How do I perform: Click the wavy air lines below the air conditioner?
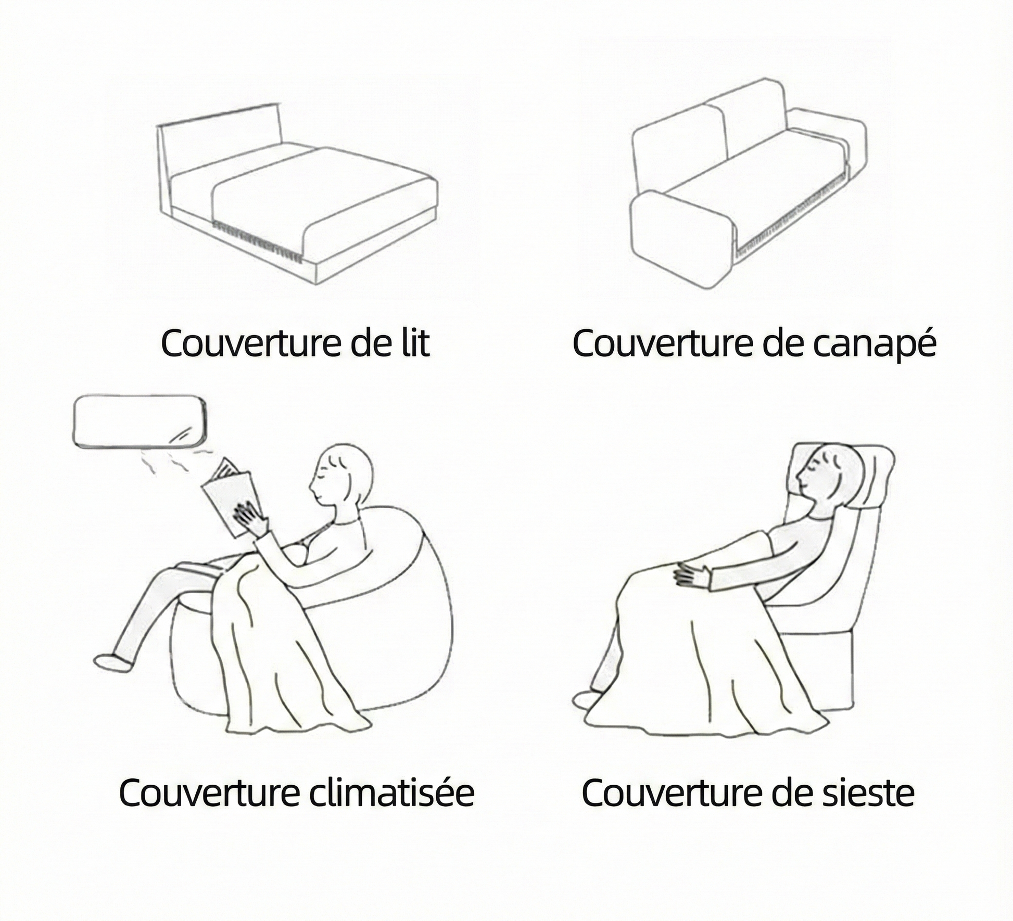172,460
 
